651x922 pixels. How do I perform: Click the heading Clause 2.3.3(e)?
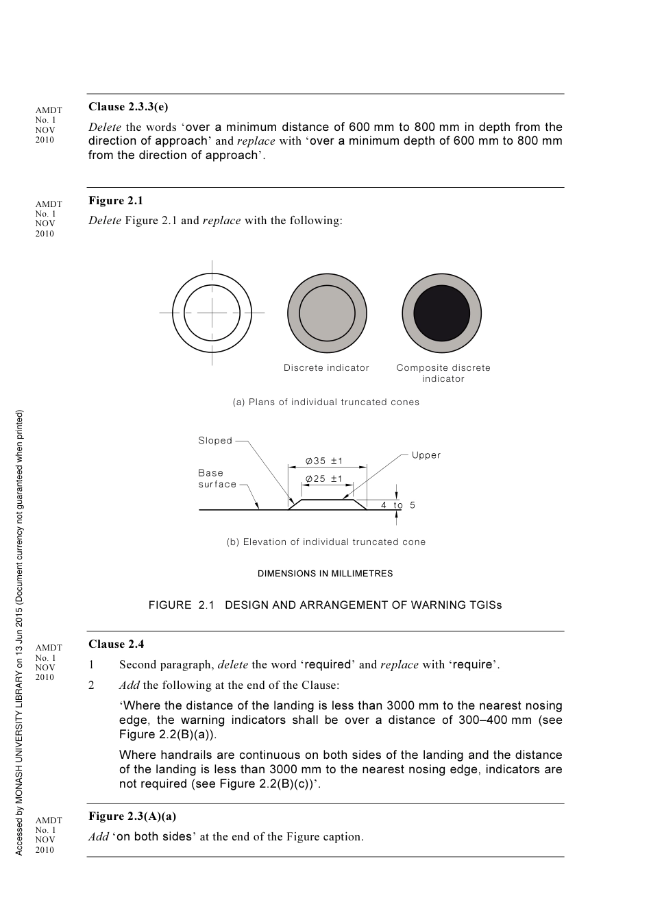(x=128, y=107)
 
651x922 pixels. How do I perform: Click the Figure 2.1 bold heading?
(x=116, y=201)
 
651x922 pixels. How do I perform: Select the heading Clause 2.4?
(x=116, y=644)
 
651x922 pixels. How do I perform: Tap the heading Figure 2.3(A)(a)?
(x=132, y=816)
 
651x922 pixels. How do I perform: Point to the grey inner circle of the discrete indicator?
(x=327, y=313)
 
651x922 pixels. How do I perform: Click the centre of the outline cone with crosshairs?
(x=212, y=313)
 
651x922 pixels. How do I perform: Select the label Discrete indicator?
(x=326, y=368)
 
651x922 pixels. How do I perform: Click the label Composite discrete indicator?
(x=443, y=373)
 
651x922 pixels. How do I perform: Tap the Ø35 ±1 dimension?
(x=324, y=461)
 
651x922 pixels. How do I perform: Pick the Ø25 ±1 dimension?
(x=324, y=479)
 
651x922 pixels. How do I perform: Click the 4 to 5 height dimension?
(x=398, y=505)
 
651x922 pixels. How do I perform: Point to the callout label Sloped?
(x=215, y=441)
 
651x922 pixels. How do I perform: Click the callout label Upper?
(x=426, y=455)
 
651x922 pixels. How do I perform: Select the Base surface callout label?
(x=217, y=478)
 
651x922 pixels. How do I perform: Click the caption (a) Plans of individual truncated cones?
(x=326, y=402)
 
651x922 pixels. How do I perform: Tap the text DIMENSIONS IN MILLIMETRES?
(x=325, y=574)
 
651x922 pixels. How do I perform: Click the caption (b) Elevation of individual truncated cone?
(x=326, y=542)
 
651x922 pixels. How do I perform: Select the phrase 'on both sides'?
(x=154, y=836)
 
